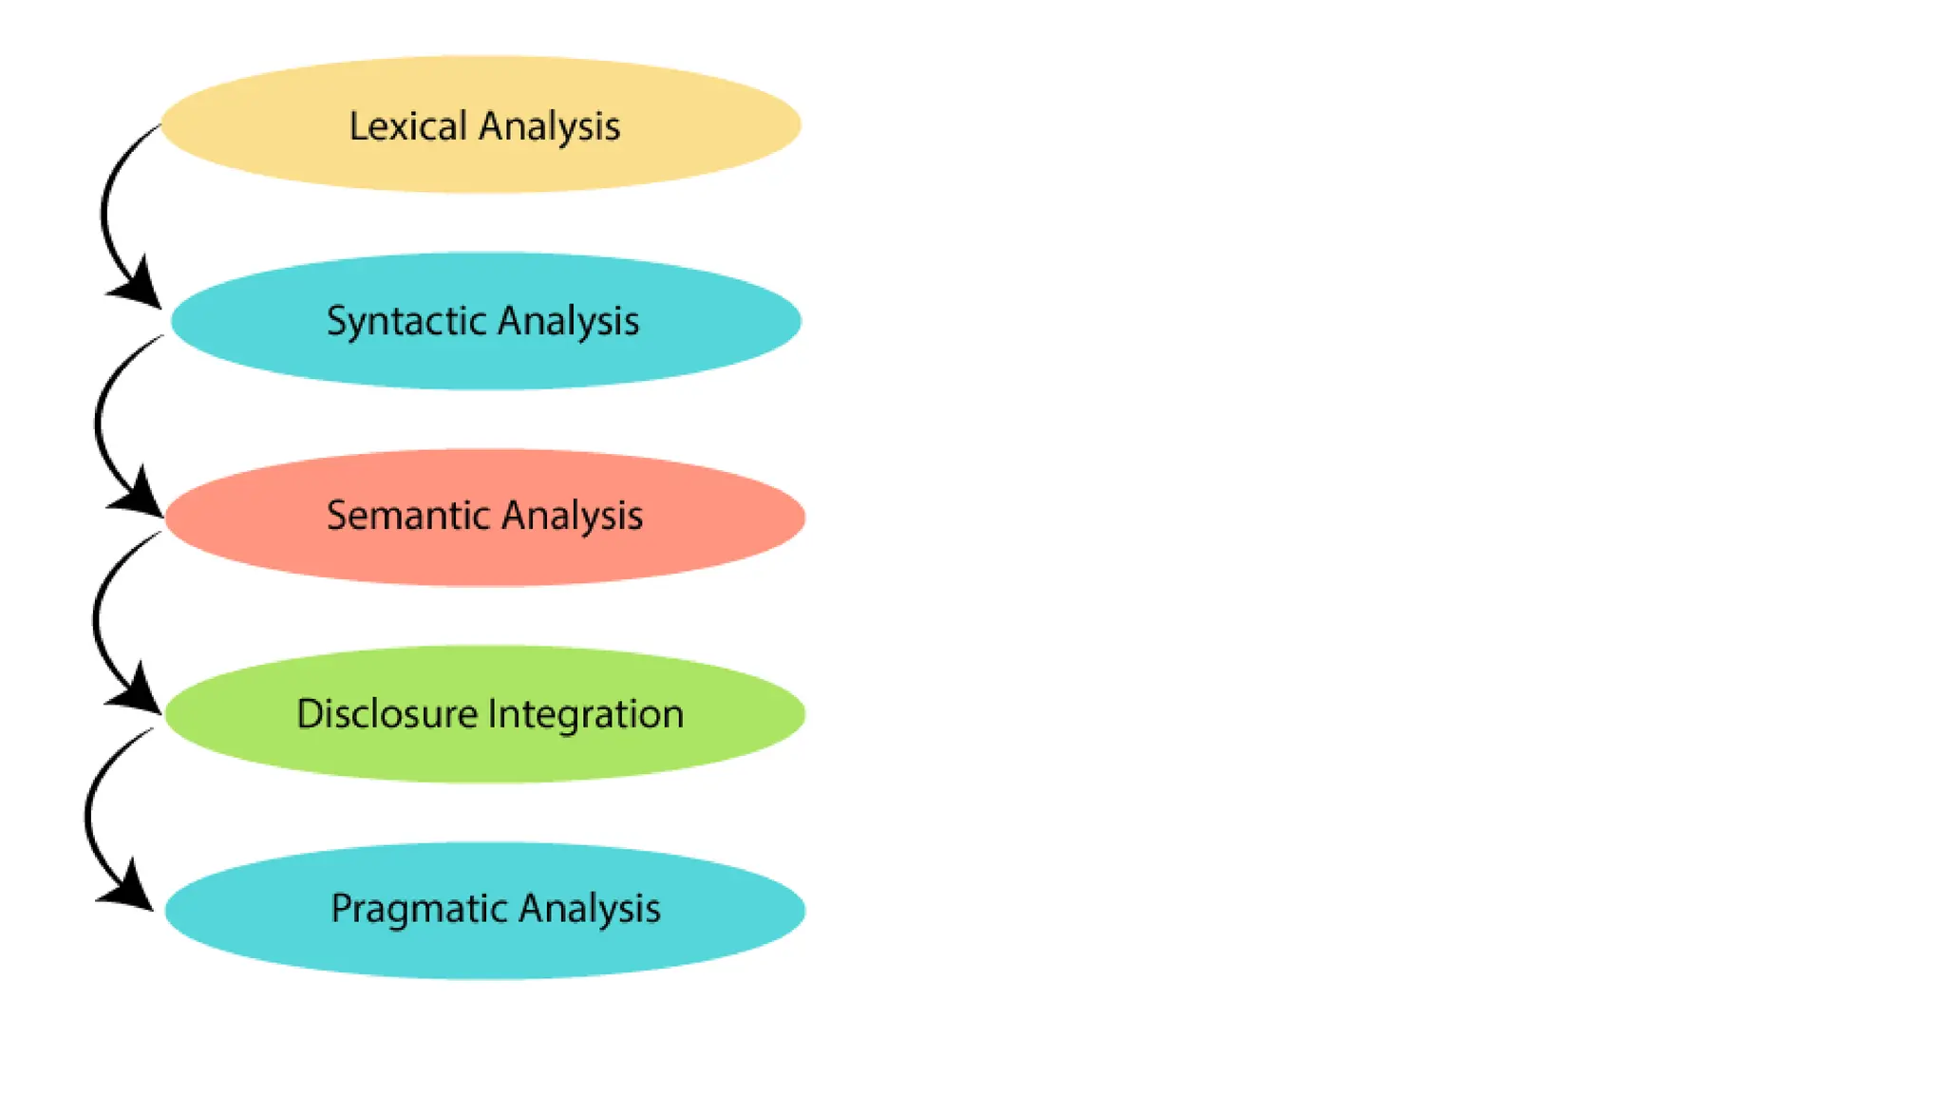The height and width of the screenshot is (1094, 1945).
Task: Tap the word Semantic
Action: (407, 516)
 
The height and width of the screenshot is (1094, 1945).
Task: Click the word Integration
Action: (586, 714)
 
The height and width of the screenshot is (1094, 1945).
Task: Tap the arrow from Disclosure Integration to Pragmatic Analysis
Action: (88, 817)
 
